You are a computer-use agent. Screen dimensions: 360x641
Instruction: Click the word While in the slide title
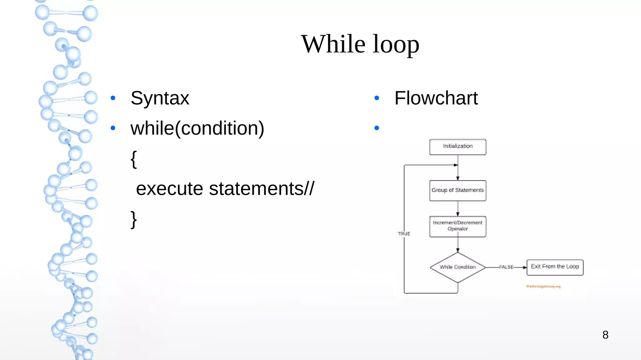333,44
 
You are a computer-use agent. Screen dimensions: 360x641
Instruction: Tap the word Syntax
160,98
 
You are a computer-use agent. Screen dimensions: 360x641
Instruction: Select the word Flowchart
436,98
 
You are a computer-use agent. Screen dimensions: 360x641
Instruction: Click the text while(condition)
197,128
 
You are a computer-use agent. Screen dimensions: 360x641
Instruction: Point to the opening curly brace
134,159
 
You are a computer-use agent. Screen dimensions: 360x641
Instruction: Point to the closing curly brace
134,219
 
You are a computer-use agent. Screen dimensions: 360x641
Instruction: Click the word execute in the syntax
169,189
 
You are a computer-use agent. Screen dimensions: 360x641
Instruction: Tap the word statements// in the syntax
261,189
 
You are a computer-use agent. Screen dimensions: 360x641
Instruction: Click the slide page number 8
605,335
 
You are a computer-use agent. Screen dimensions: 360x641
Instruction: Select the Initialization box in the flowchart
458,147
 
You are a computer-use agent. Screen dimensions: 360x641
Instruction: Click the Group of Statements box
458,190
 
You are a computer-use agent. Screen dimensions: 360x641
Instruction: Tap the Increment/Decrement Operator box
458,226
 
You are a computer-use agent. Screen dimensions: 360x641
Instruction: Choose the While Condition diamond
458,267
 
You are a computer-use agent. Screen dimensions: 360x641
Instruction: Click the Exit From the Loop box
555,267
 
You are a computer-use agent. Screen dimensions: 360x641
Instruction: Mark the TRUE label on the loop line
404,234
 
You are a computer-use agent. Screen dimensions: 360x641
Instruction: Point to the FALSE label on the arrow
506,267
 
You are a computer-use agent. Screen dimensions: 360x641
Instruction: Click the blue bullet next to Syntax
113,98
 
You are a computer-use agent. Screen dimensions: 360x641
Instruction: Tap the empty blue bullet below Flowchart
377,128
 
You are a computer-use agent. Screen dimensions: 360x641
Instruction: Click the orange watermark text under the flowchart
543,286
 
